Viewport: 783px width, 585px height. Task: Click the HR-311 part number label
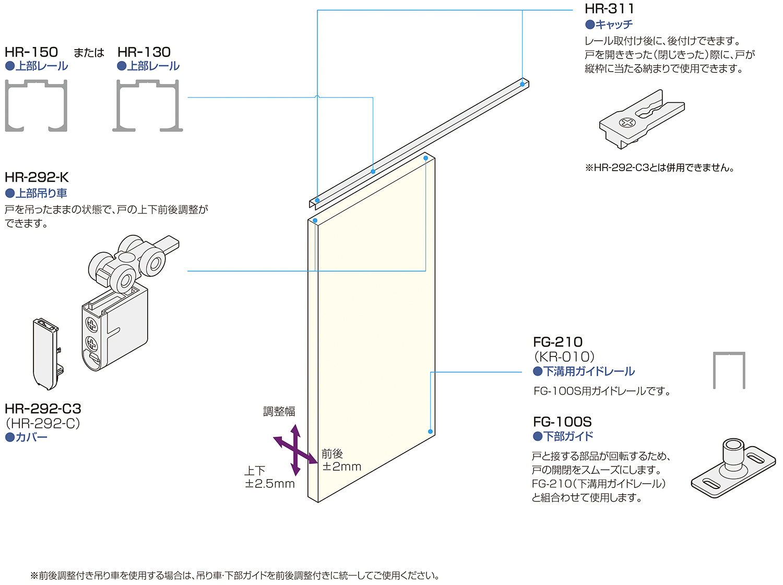coord(609,8)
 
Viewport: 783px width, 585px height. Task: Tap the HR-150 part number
coord(31,52)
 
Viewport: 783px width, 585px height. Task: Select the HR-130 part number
coord(144,52)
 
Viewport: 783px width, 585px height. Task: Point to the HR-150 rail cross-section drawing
coord(36,105)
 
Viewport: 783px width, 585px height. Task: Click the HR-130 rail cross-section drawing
coord(148,105)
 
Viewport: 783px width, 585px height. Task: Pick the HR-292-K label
coord(37,177)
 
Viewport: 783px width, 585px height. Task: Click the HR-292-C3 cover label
coord(43,409)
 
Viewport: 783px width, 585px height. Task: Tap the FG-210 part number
coord(557,342)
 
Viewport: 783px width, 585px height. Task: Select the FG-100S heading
coord(562,422)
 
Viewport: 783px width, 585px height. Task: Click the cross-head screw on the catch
coord(627,123)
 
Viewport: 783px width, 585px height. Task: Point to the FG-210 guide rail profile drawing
coord(729,370)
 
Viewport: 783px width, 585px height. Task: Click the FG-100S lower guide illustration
coord(733,468)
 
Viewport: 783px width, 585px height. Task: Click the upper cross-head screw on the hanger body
coord(92,325)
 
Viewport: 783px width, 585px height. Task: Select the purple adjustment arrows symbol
coord(295,450)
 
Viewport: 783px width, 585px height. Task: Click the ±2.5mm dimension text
coord(270,484)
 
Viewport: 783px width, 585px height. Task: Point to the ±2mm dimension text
coord(342,467)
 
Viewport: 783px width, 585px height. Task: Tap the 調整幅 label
coord(279,412)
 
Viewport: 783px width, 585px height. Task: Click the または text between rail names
coord(89,53)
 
